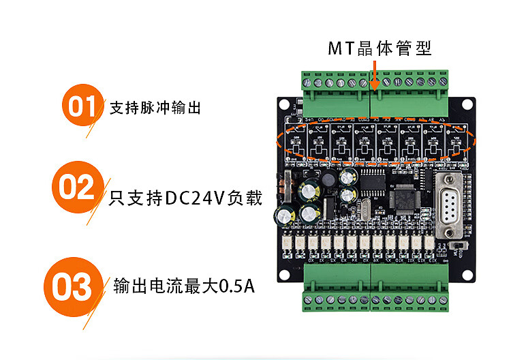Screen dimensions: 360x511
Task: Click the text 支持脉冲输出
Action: (156, 108)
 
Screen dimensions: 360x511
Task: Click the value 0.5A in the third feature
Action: (236, 286)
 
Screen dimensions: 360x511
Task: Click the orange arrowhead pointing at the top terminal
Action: (373, 86)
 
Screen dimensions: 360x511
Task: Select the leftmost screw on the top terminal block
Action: (307, 83)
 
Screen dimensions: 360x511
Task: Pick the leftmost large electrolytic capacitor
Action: (281, 215)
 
